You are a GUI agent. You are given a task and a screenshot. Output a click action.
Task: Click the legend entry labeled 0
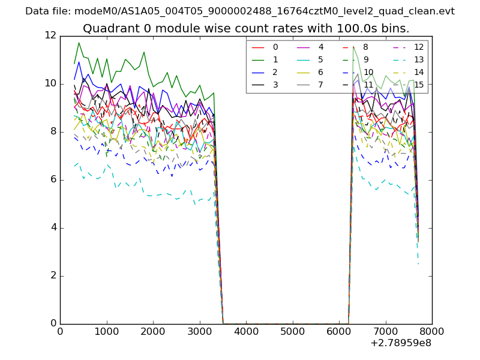point(275,47)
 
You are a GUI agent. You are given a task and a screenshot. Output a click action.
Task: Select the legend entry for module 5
point(320,59)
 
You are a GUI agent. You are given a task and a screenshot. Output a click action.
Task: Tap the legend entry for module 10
point(368,72)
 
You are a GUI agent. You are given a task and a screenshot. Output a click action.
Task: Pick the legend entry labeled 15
point(418,85)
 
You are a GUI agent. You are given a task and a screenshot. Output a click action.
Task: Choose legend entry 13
point(418,59)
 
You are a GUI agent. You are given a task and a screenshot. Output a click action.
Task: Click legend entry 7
point(320,85)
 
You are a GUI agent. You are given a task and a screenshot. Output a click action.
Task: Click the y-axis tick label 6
point(53,179)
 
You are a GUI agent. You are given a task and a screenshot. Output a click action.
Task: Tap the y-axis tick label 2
point(53,276)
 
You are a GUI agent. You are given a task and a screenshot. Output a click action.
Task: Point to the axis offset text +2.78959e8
point(401,344)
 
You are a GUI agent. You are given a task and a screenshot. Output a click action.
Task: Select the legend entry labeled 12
point(418,47)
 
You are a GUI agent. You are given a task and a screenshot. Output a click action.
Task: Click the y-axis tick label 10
point(50,83)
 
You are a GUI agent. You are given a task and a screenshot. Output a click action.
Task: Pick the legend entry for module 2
point(275,72)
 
